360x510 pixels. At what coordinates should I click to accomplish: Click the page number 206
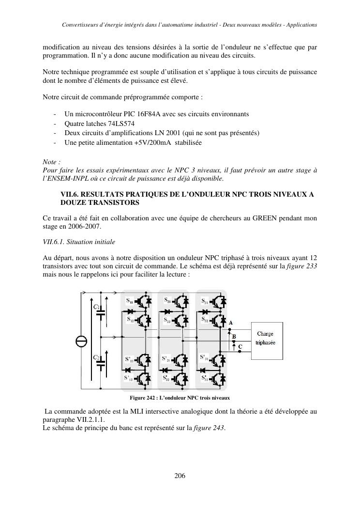[180, 476]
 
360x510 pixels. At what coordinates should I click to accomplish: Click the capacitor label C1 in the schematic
[96, 307]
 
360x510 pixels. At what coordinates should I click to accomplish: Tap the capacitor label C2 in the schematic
[96, 357]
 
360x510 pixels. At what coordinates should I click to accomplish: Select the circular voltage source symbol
[82, 341]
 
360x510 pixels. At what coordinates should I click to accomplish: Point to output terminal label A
[231, 323]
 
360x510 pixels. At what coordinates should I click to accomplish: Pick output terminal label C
[240, 347]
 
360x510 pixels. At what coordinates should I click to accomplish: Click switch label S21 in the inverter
[167, 300]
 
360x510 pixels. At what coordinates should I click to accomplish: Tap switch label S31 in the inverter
[204, 302]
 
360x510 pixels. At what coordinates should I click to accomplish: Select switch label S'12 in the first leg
[129, 378]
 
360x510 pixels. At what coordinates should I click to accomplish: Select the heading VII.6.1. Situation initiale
[79, 241]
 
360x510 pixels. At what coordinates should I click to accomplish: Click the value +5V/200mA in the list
[150, 143]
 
